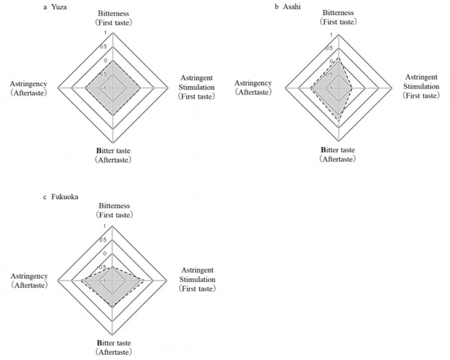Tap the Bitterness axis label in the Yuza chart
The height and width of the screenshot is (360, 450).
[114, 18]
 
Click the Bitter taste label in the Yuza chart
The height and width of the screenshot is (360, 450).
[114, 155]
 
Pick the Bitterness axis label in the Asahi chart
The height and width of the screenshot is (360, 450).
[339, 18]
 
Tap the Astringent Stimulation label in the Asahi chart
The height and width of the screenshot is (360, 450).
[421, 87]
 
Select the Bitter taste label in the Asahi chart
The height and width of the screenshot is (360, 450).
[338, 154]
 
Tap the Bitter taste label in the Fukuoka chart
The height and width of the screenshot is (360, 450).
[114, 348]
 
